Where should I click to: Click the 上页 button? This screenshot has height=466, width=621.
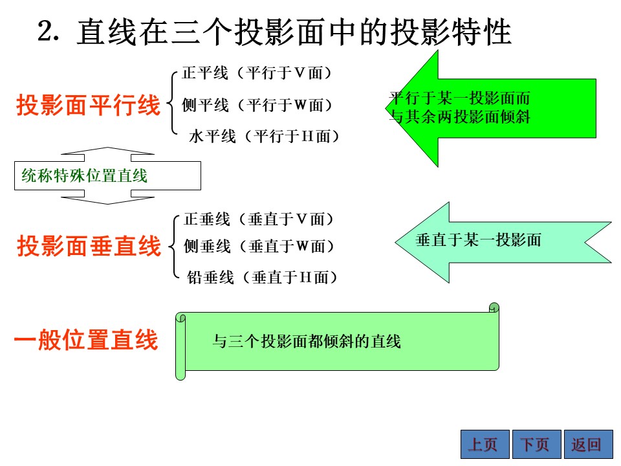coord(485,444)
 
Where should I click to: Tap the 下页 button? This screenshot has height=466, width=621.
coord(537,444)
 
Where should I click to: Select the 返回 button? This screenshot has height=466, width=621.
coord(589,444)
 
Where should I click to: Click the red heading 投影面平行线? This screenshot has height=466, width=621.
coord(89,105)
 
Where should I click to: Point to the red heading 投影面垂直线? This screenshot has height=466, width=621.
coord(89,246)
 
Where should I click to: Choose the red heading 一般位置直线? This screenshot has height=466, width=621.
coord(86,340)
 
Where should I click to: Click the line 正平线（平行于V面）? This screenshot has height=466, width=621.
coord(257,73)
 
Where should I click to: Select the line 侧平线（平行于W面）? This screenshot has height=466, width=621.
coord(257,105)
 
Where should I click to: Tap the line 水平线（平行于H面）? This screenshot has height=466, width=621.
coord(264,137)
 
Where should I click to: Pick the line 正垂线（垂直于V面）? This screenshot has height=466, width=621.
coord(259,219)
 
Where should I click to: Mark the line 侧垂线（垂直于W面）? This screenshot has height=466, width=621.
coord(259,246)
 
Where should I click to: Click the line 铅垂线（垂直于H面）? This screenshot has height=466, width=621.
coord(262,277)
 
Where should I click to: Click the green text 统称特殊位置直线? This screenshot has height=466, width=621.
coord(84,175)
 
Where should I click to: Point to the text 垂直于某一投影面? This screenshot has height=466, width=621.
coord(478,239)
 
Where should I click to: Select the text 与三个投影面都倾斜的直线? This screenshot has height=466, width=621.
coord(307,341)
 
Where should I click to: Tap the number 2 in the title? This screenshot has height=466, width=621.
coord(46,31)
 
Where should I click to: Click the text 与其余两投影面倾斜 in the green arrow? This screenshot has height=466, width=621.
coord(459,116)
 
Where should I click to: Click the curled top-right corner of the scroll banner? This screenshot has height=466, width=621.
coord(494,307)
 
